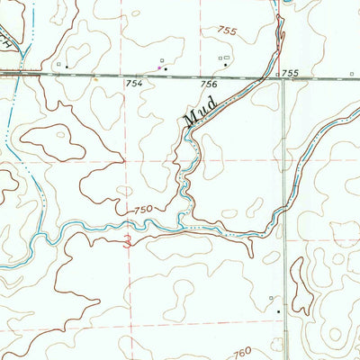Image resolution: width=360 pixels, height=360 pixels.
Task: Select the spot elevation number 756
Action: pyautogui.click(x=208, y=84)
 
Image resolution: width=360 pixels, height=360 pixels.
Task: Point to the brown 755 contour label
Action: pyautogui.click(x=226, y=31)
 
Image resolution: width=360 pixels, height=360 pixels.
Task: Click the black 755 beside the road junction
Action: pyautogui.click(x=289, y=72)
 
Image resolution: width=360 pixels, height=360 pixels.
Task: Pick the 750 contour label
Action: pyautogui.click(x=142, y=210)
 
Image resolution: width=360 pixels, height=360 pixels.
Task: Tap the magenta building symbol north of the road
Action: pyautogui.click(x=160, y=67)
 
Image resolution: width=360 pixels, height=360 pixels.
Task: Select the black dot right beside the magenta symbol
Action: pyautogui.click(x=166, y=68)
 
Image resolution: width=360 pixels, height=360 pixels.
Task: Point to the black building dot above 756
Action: pyautogui.click(x=225, y=66)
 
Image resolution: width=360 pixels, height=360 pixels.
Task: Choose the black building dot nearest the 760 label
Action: pyautogui.click(x=278, y=311)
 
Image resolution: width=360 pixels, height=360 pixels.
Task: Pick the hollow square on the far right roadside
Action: pyautogui.click(x=270, y=297)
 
